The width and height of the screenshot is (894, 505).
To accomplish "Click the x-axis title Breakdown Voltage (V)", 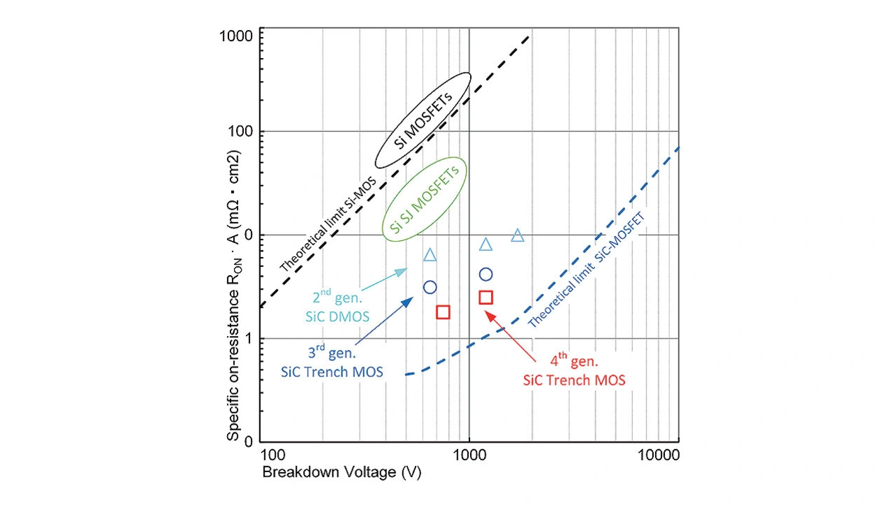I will (342, 473).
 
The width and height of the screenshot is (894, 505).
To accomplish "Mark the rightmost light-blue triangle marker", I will (518, 235).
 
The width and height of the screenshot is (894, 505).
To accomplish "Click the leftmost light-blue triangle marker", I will (430, 255).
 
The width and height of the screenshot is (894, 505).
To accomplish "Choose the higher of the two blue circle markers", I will (485, 275).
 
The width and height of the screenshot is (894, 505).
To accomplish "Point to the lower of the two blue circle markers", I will (430, 287).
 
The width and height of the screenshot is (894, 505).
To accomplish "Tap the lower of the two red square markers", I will (443, 312).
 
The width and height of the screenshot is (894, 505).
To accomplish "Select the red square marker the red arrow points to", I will (486, 298).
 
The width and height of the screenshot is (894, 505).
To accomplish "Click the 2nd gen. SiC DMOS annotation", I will (337, 306).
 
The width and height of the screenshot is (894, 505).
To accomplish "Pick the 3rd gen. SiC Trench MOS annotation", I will (332, 362).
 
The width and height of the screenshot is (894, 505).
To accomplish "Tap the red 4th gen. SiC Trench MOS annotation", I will (574, 371).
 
